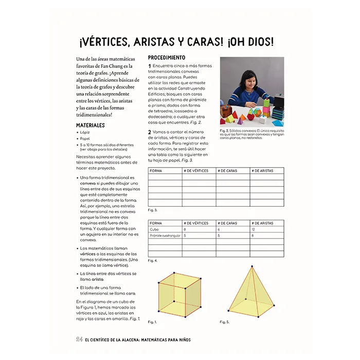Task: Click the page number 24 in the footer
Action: [80, 339]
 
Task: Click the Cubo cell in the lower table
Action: [155, 229]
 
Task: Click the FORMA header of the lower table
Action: [156, 223]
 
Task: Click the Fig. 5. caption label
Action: [225, 321]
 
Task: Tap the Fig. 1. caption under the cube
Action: [152, 321]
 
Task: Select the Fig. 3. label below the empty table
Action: [153, 210]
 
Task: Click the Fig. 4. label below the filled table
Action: [153, 261]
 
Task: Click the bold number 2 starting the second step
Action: [150, 133]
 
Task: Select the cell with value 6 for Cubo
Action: [219, 229]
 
